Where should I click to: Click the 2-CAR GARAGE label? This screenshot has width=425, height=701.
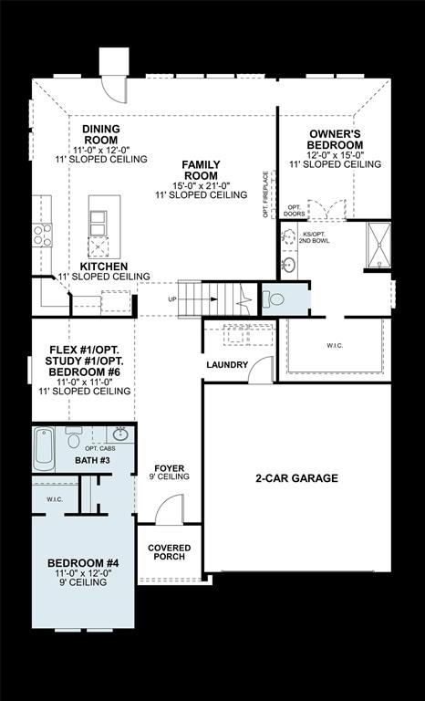pyautogui.click(x=298, y=477)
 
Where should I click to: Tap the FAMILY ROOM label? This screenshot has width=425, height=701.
pyautogui.click(x=201, y=169)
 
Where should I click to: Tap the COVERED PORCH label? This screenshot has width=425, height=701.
pyautogui.click(x=169, y=552)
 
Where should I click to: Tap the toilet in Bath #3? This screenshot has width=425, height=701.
pyautogui.click(x=74, y=438)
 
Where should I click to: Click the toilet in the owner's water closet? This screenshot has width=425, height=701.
pyautogui.click(x=275, y=298)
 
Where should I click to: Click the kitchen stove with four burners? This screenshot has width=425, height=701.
pyautogui.click(x=42, y=235)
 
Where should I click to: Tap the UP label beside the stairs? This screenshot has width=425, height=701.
pyautogui.click(x=172, y=299)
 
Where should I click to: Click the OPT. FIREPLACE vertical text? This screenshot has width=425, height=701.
pyautogui.click(x=265, y=194)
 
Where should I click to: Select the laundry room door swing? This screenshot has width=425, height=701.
pyautogui.click(x=262, y=370)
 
